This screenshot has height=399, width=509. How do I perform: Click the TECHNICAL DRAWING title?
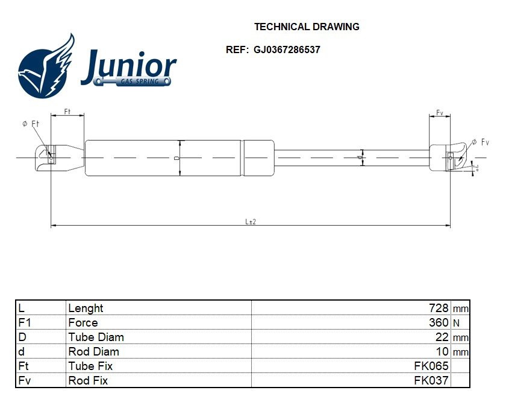click(307, 27)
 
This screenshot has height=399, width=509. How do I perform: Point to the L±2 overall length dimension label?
click(251, 222)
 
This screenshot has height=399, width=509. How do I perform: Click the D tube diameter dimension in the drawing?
click(176, 158)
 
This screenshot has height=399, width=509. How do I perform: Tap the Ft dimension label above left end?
click(67, 112)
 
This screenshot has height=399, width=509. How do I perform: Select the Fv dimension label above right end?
click(440, 112)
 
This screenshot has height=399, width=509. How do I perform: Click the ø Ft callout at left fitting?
click(30, 124)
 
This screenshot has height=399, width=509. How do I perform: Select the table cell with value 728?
click(438, 308)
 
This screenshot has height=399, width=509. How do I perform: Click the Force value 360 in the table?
click(439, 322)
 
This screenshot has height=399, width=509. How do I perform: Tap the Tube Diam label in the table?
click(96, 337)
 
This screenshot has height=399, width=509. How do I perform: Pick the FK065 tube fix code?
click(431, 366)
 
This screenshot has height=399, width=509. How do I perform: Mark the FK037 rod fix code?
click(431, 380)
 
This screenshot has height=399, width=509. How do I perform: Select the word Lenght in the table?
click(86, 308)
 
